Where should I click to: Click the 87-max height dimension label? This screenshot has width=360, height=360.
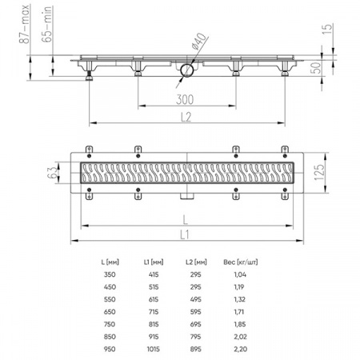tap(24, 24)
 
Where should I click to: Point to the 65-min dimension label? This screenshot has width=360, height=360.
tap(46, 24)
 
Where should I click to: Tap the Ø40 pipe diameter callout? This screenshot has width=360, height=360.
tap(199, 41)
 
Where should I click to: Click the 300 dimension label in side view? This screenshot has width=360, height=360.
tap(185, 99)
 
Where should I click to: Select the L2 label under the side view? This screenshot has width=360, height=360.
tap(186, 117)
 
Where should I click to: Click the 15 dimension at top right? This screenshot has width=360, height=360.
tap(328, 29)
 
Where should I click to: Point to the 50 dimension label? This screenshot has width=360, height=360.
tap(317, 68)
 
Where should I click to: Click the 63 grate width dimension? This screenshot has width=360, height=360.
tap(53, 172)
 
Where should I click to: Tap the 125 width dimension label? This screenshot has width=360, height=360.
tap(320, 172)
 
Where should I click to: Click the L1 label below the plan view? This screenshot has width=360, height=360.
tap(185, 235)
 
